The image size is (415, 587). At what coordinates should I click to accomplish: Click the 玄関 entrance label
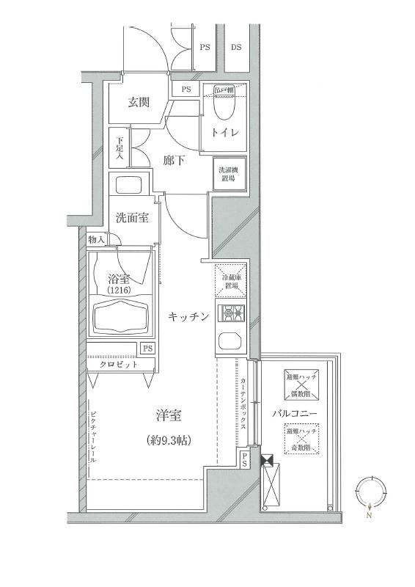139,102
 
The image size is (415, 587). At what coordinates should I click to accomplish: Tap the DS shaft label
237,47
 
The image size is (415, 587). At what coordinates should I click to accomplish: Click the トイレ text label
224,134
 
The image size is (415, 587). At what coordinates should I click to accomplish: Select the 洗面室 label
133,218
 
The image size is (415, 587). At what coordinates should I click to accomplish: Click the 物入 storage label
96,240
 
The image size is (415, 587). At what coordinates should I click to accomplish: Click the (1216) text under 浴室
118,290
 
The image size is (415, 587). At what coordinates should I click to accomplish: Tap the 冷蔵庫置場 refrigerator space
232,280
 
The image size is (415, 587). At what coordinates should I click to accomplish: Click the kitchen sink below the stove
230,340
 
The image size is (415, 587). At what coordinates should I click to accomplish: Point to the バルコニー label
295,414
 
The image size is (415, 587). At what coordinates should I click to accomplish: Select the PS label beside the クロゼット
147,349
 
